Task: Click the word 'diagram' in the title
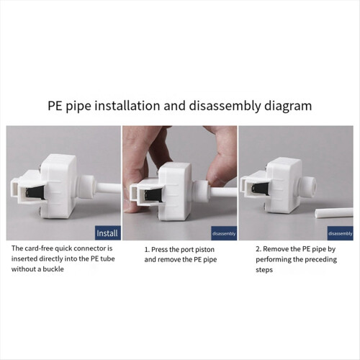pyautogui.click(x=288, y=106)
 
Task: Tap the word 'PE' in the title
pyautogui.click(x=55, y=106)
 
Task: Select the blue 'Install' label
pyautogui.click(x=107, y=233)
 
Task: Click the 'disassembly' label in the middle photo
pyautogui.click(x=224, y=233)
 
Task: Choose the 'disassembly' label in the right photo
pyautogui.click(x=341, y=233)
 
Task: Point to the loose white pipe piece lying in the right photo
pyautogui.click(x=334, y=212)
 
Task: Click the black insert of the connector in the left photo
pyautogui.click(x=35, y=192)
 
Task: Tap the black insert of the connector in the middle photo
pyautogui.click(x=153, y=194)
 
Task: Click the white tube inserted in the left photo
pyautogui.click(x=108, y=188)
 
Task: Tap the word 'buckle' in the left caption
pyautogui.click(x=53, y=269)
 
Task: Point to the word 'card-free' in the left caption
pyautogui.click(x=39, y=248)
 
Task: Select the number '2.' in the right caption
pyautogui.click(x=258, y=249)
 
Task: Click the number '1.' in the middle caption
pyautogui.click(x=147, y=250)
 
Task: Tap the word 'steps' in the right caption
pyautogui.click(x=264, y=270)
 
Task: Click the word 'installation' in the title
pyautogui.click(x=127, y=106)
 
